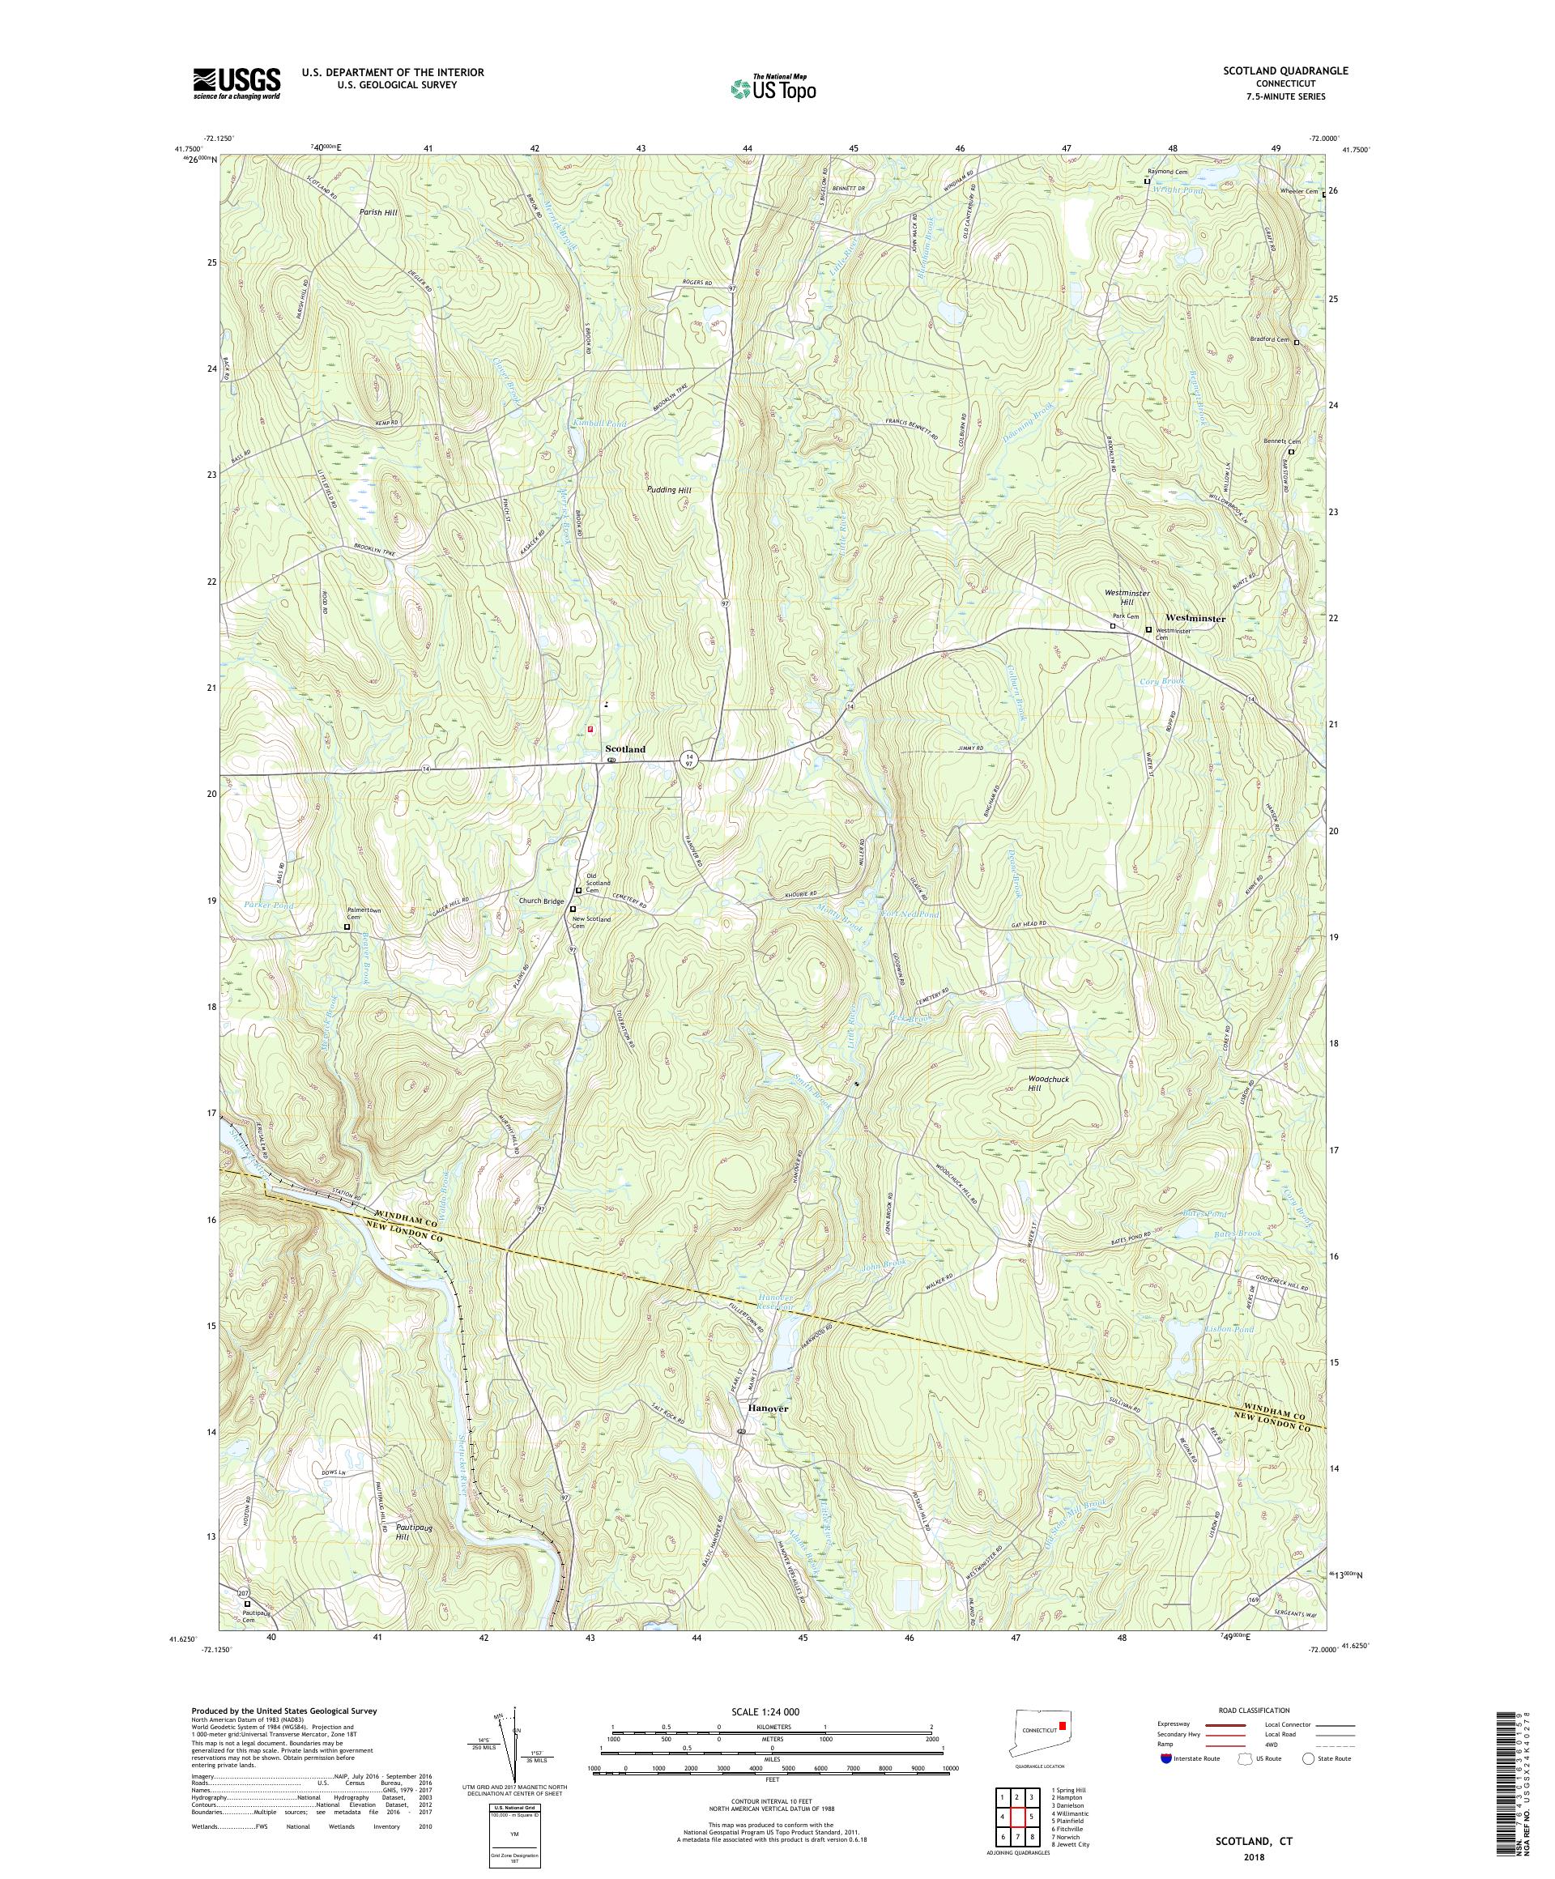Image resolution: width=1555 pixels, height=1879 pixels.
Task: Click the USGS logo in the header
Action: [x=236, y=84]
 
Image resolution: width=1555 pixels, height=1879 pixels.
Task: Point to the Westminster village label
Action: [x=1195, y=618]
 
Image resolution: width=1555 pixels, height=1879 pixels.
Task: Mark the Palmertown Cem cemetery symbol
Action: [x=348, y=928]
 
